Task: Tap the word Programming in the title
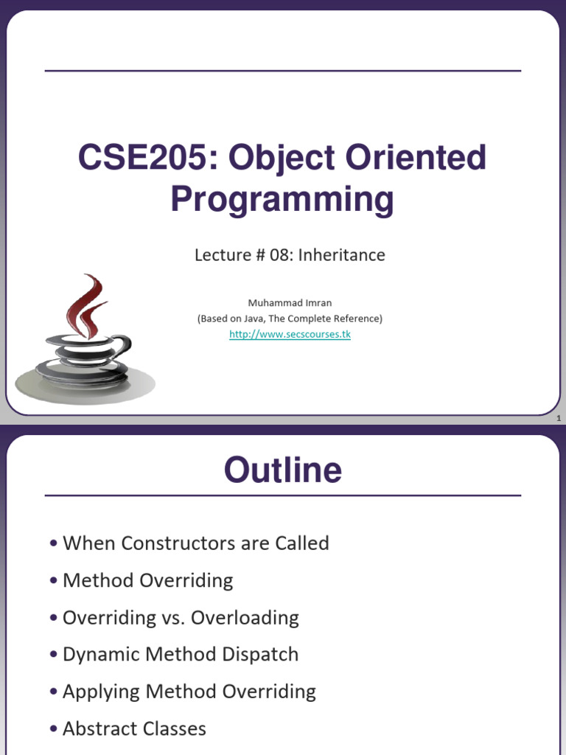(282, 199)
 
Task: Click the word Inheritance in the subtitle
(347, 255)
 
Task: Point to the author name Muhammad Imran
(289, 302)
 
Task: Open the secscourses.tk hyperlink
(289, 335)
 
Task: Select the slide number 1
(559, 419)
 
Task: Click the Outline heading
(283, 470)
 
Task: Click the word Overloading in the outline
(245, 618)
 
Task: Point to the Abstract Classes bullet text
(134, 729)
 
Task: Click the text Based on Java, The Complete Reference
(289, 319)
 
